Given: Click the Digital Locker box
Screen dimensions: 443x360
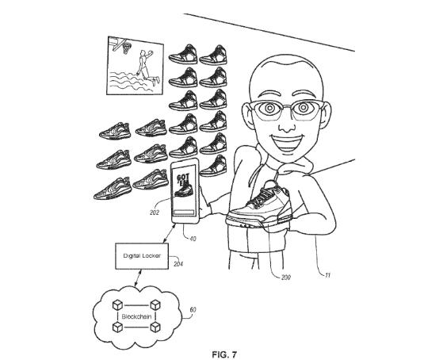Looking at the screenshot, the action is [142, 256].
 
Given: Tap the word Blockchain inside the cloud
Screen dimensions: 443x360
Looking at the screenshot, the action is [136, 316].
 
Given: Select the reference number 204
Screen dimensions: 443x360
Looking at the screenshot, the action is [178, 264].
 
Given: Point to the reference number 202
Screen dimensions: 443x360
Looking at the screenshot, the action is [155, 213].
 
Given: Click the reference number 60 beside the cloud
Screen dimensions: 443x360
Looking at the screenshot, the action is [193, 310].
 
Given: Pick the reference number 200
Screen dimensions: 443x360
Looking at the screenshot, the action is [286, 278].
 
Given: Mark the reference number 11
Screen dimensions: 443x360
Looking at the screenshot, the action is [328, 275].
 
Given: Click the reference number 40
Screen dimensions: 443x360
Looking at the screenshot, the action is [193, 239].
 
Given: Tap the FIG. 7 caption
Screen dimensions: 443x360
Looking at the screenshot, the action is [224, 354].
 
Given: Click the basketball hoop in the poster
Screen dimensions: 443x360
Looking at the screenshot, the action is [124, 45].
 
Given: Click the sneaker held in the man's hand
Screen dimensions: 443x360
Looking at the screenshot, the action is [259, 205].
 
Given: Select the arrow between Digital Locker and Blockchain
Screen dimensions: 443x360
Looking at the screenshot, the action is [138, 278].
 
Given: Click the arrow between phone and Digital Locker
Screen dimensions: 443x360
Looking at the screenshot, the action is [170, 233].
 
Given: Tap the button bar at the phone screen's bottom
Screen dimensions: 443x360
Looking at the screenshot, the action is [184, 213].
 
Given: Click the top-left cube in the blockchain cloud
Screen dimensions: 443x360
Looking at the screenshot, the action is [117, 305].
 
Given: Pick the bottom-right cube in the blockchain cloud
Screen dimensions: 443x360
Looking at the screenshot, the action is [155, 327].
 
